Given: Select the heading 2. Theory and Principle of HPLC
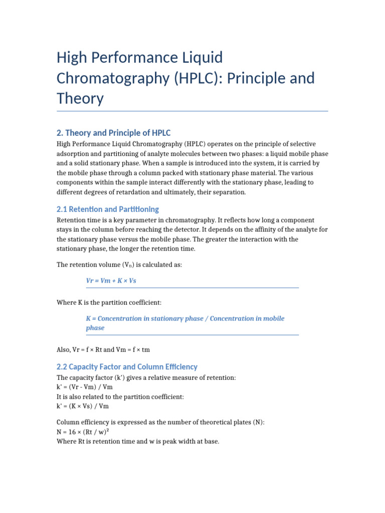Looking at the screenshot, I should (113, 133).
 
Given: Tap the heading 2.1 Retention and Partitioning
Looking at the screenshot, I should (108, 209).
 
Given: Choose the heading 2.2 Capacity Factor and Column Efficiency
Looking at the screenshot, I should (127, 366).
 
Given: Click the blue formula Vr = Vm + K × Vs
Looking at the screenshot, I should (111, 281).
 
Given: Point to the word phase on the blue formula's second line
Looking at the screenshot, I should (95, 328).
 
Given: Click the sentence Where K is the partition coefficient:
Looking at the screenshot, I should (109, 303).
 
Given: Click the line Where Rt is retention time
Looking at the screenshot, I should (138, 441).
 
